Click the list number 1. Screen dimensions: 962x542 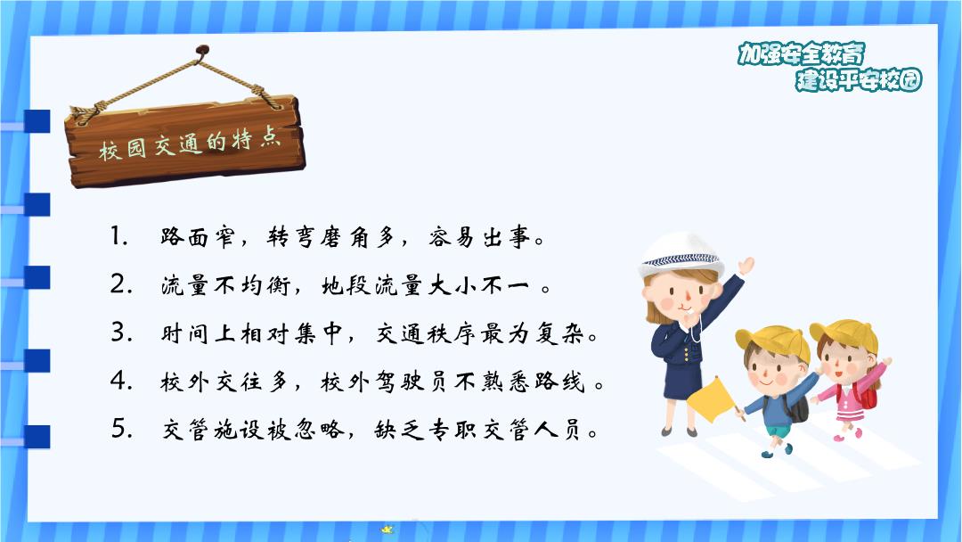[x=118, y=236]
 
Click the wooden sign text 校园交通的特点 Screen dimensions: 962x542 [x=190, y=145]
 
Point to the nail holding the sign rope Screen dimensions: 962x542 [x=202, y=50]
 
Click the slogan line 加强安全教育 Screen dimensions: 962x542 [x=801, y=53]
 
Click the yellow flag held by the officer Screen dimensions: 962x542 [x=712, y=399]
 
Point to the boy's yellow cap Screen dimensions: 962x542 [x=775, y=341]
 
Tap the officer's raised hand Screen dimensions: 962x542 [x=746, y=265]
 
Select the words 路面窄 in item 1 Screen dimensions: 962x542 [x=197, y=237]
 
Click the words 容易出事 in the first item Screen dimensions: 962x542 [x=480, y=237]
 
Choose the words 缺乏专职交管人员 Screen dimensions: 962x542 [x=478, y=429]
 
